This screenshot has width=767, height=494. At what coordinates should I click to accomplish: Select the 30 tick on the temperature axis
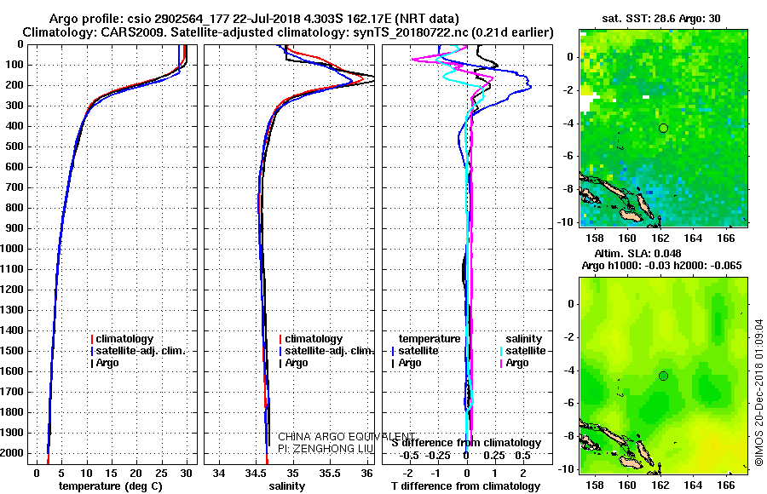click(186, 471)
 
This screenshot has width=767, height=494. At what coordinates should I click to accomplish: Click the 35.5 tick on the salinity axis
click(330, 471)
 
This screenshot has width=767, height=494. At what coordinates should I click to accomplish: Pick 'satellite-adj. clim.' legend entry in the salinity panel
click(327, 351)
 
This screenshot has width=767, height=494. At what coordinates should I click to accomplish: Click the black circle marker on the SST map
click(663, 128)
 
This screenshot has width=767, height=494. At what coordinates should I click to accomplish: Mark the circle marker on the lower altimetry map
click(663, 376)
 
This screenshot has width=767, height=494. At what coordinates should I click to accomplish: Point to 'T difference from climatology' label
click(465, 485)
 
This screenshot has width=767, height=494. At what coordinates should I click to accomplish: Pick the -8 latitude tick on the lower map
click(568, 436)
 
